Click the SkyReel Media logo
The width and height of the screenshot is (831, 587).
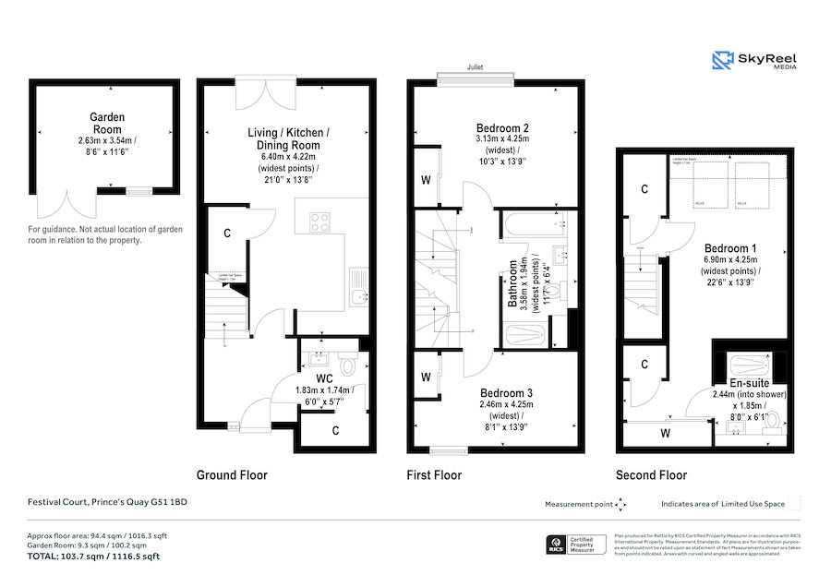tap(754, 61)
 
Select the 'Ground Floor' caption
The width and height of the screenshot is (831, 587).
tap(232, 475)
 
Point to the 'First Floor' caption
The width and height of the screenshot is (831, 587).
tap(434, 475)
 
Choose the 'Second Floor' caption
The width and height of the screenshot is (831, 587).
tap(652, 475)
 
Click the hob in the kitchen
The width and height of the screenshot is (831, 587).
tap(320, 222)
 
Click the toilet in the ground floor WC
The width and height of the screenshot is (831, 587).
tap(348, 366)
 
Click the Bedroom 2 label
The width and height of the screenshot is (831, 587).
tap(502, 128)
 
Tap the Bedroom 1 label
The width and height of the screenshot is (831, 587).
tap(730, 248)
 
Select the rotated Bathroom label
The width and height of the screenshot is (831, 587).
tap(512, 285)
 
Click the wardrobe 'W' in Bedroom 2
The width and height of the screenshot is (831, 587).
tap(425, 180)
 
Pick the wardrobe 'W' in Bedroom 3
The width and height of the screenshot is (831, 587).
tap(425, 377)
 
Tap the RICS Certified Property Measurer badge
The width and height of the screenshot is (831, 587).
tap(577, 544)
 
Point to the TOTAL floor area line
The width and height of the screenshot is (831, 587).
tap(92, 557)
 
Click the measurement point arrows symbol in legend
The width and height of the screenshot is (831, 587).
tap(620, 505)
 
